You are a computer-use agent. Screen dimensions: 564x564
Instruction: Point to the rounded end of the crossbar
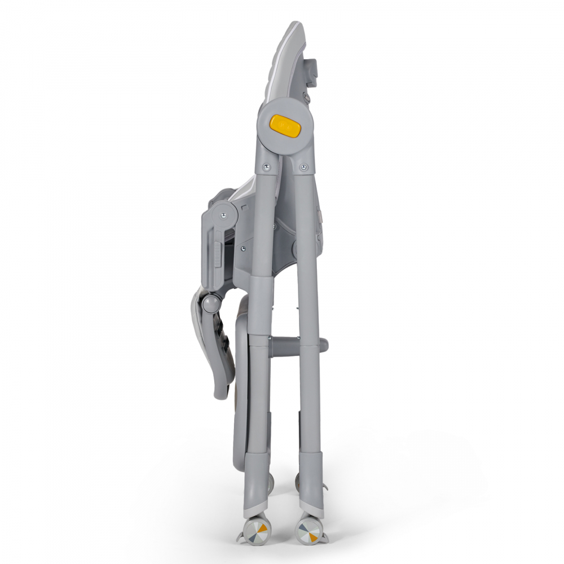tap(324, 345)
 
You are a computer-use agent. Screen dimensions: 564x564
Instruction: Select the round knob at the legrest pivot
tap(210, 304)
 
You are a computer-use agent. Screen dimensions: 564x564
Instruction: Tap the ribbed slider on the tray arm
tap(217, 251)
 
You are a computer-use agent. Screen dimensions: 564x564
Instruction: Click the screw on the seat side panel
tap(243, 246)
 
